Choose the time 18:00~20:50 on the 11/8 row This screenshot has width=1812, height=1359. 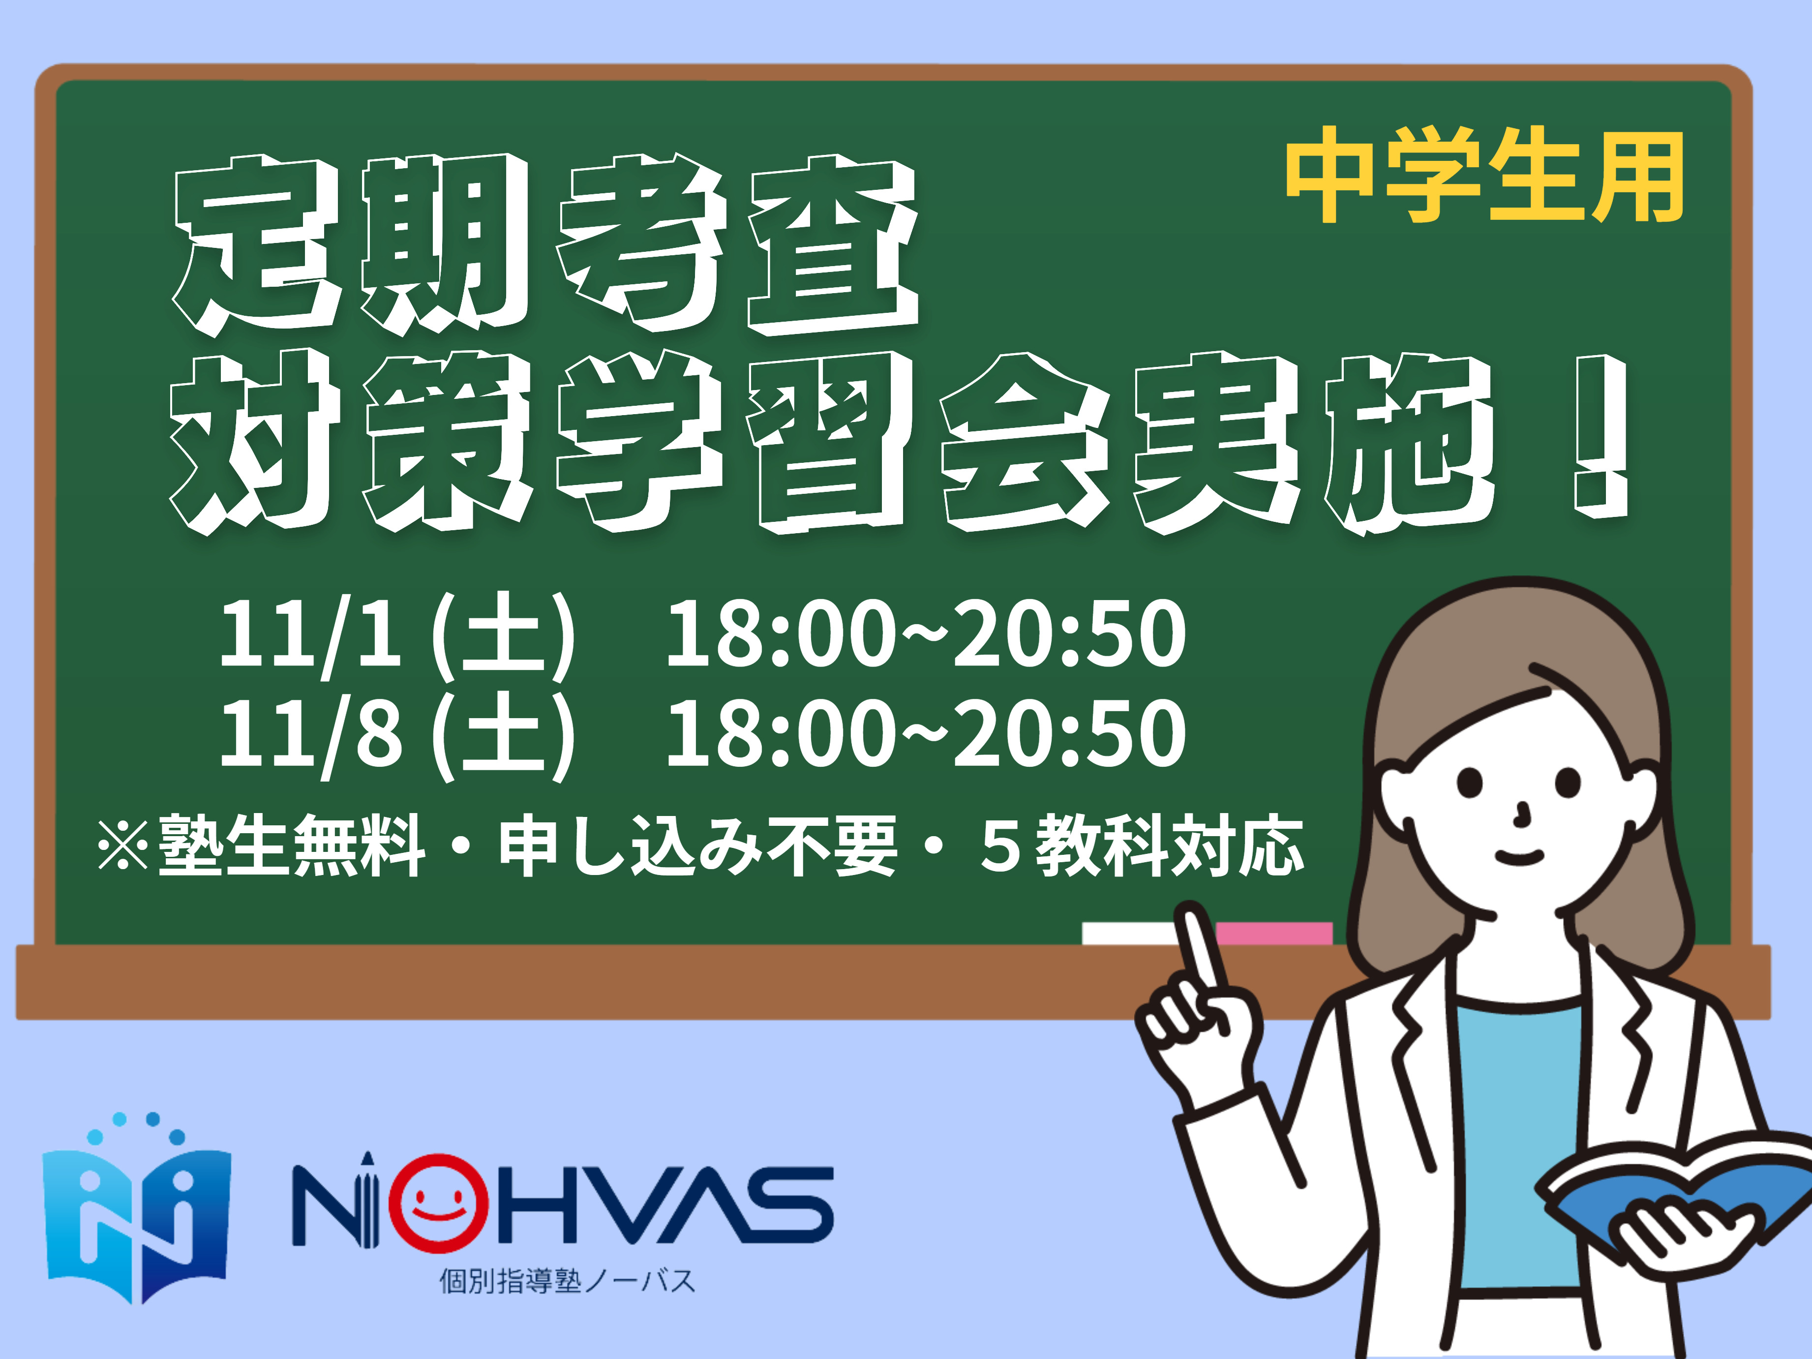926,733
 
